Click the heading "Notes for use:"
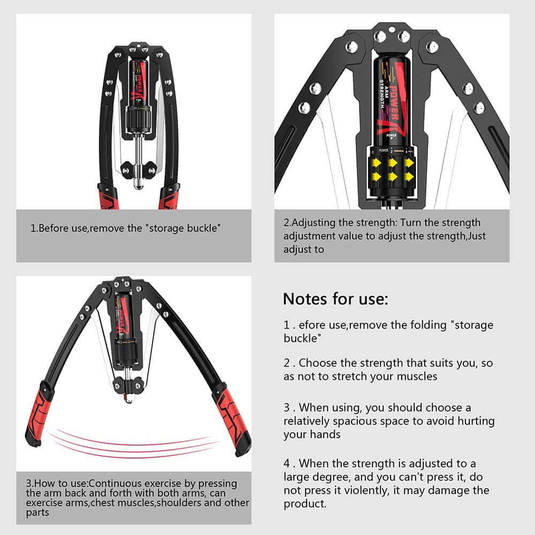(335, 299)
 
